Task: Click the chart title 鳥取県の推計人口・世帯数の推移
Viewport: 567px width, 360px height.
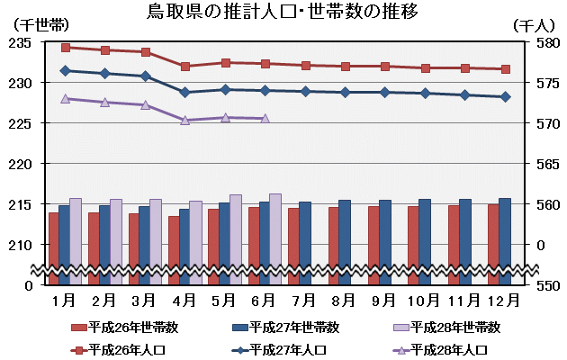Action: [x=283, y=13]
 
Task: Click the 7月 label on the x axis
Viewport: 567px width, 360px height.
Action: [x=304, y=298]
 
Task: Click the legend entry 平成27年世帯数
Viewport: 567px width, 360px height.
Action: [x=287, y=327]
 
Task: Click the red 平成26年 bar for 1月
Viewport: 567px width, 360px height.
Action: [x=54, y=247]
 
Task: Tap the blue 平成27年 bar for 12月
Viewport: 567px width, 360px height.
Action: [x=505, y=240]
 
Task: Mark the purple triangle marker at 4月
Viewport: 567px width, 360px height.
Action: [x=184, y=120]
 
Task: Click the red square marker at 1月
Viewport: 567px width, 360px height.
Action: [x=66, y=47]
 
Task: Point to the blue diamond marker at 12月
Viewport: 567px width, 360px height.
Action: [x=505, y=96]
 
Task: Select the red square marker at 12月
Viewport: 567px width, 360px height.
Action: [x=505, y=69]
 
